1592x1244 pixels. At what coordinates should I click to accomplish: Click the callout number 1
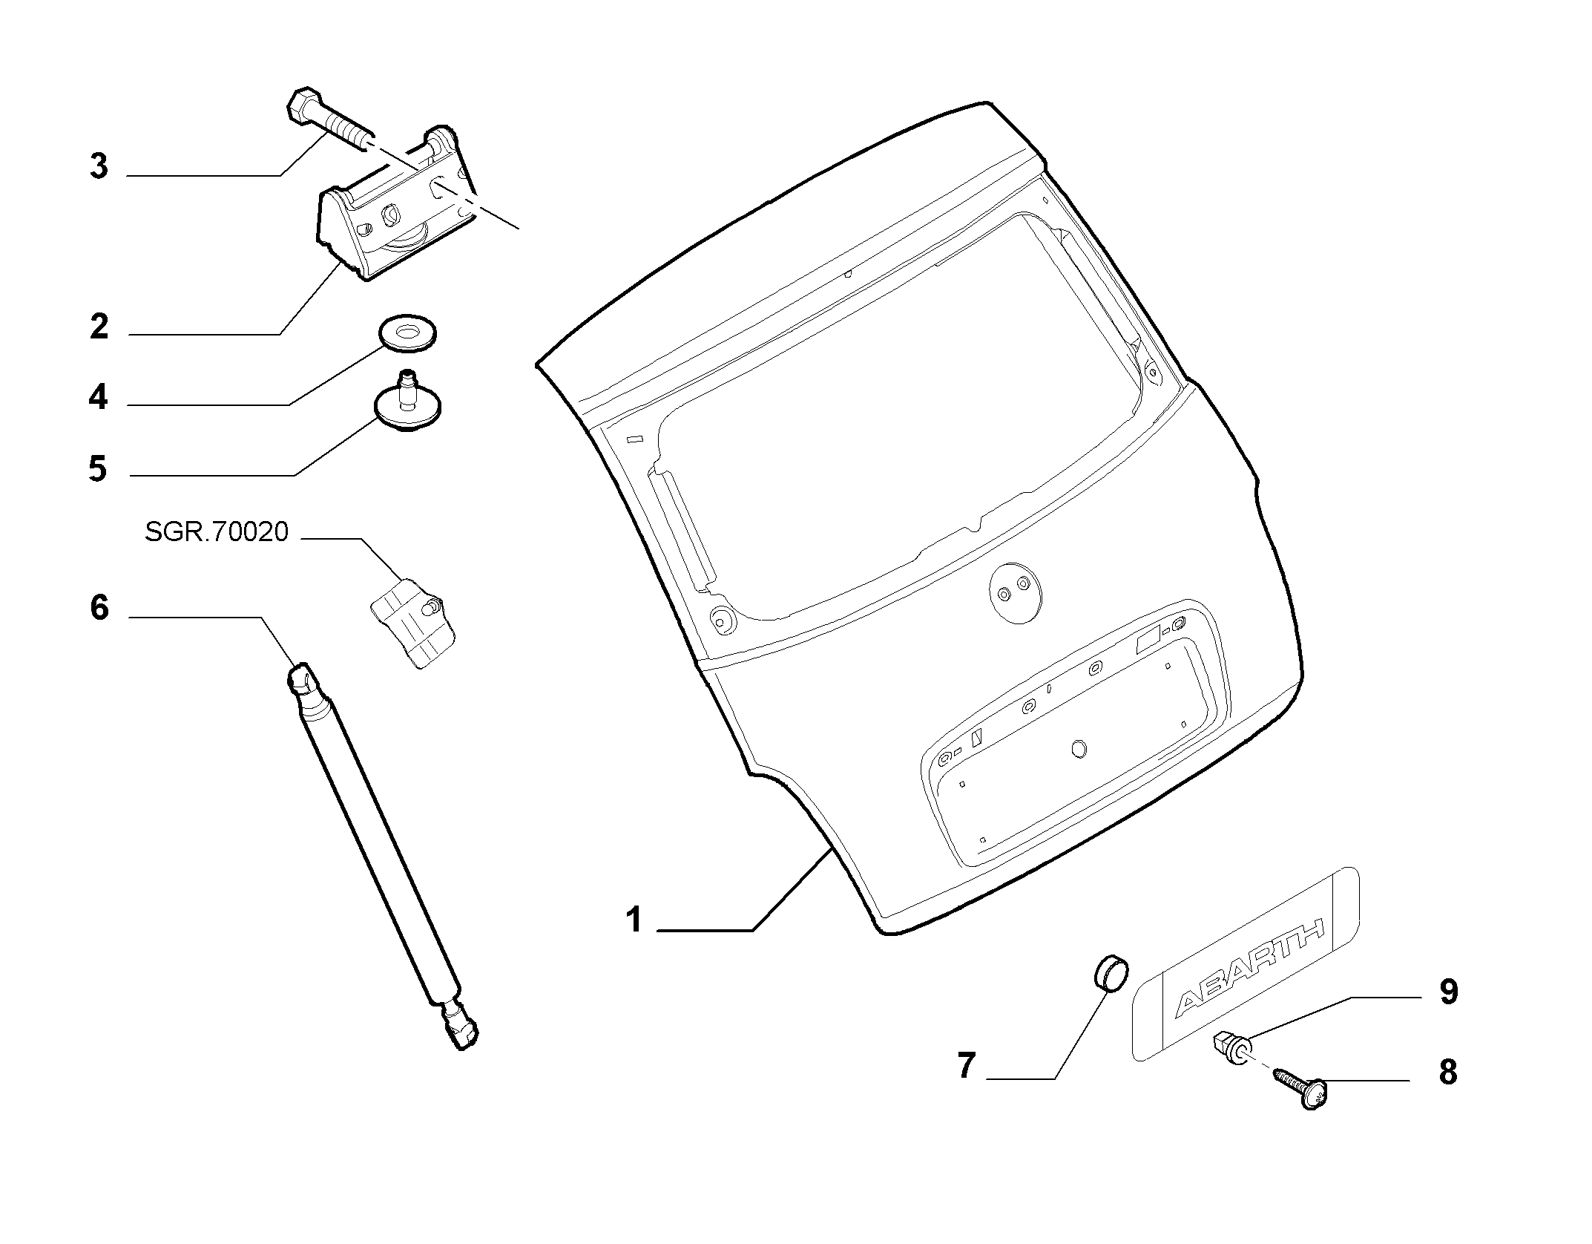[633, 920]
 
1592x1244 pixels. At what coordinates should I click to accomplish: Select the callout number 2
[99, 327]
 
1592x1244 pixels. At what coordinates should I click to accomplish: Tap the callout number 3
[99, 166]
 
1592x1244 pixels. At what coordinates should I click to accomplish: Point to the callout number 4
[98, 397]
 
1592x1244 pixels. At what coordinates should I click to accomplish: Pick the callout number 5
[98, 468]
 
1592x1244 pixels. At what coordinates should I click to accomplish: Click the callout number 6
[99, 608]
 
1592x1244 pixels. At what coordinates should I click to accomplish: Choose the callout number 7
[966, 1067]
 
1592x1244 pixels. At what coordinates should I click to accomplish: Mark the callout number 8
[1448, 1072]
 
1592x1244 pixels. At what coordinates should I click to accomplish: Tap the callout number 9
[1449, 992]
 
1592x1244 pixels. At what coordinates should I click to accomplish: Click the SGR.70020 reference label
[216, 532]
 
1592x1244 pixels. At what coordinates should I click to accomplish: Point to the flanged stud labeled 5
[407, 405]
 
